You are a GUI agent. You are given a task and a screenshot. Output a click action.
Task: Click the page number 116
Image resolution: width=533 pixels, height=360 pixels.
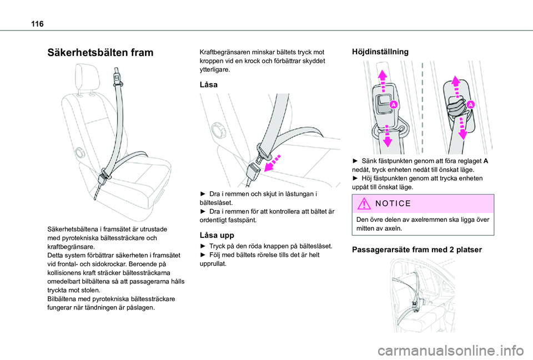click(x=37, y=24)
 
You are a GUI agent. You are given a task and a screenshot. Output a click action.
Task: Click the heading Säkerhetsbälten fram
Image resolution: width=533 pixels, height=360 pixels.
click(x=100, y=52)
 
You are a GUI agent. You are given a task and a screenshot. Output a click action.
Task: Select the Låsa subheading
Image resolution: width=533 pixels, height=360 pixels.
click(x=208, y=84)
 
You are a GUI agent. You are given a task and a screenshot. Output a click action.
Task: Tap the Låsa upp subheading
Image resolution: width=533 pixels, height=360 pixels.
click(x=217, y=235)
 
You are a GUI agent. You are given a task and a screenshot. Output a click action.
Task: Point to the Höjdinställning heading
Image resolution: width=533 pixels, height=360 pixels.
click(x=380, y=52)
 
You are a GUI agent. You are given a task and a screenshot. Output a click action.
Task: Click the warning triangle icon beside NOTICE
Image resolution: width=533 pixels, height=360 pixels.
click(x=364, y=204)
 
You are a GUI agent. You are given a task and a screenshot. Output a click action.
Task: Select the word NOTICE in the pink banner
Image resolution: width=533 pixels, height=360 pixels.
click(x=393, y=204)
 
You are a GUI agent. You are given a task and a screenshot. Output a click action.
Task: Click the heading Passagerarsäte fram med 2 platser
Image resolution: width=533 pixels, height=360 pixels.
click(x=417, y=250)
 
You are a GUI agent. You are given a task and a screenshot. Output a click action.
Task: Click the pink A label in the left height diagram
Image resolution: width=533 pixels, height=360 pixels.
click(x=393, y=104)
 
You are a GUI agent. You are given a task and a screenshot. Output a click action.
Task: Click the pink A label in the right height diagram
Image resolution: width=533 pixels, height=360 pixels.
click(x=470, y=105)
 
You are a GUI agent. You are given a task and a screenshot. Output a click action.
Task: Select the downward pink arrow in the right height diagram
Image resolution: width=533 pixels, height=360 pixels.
click(x=462, y=128)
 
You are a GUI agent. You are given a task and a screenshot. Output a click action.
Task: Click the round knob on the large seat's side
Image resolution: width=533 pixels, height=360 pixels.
click(x=79, y=153)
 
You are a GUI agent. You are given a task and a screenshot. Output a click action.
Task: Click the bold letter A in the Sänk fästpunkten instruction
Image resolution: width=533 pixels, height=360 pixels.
click(x=485, y=161)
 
